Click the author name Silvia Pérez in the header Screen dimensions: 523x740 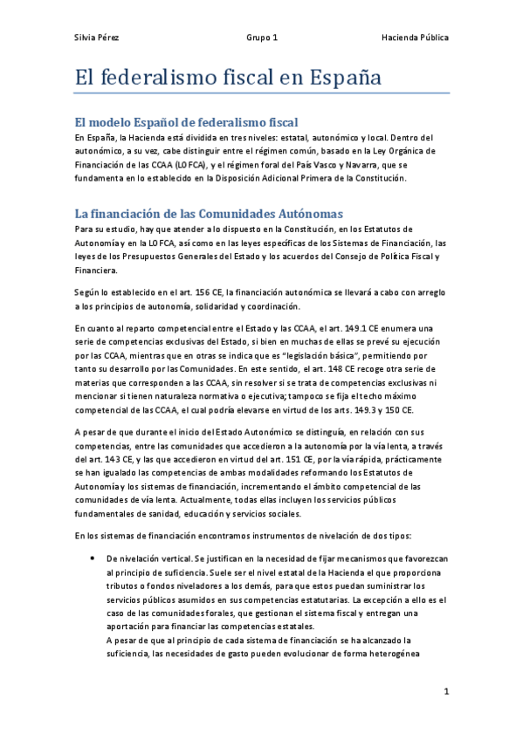(96, 38)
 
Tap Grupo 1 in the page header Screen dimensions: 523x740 (262, 38)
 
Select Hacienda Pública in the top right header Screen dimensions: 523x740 (416, 38)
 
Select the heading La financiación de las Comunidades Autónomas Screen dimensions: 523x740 (210, 213)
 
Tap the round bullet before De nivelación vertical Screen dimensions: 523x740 (92, 557)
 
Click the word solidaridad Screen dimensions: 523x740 (228, 306)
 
